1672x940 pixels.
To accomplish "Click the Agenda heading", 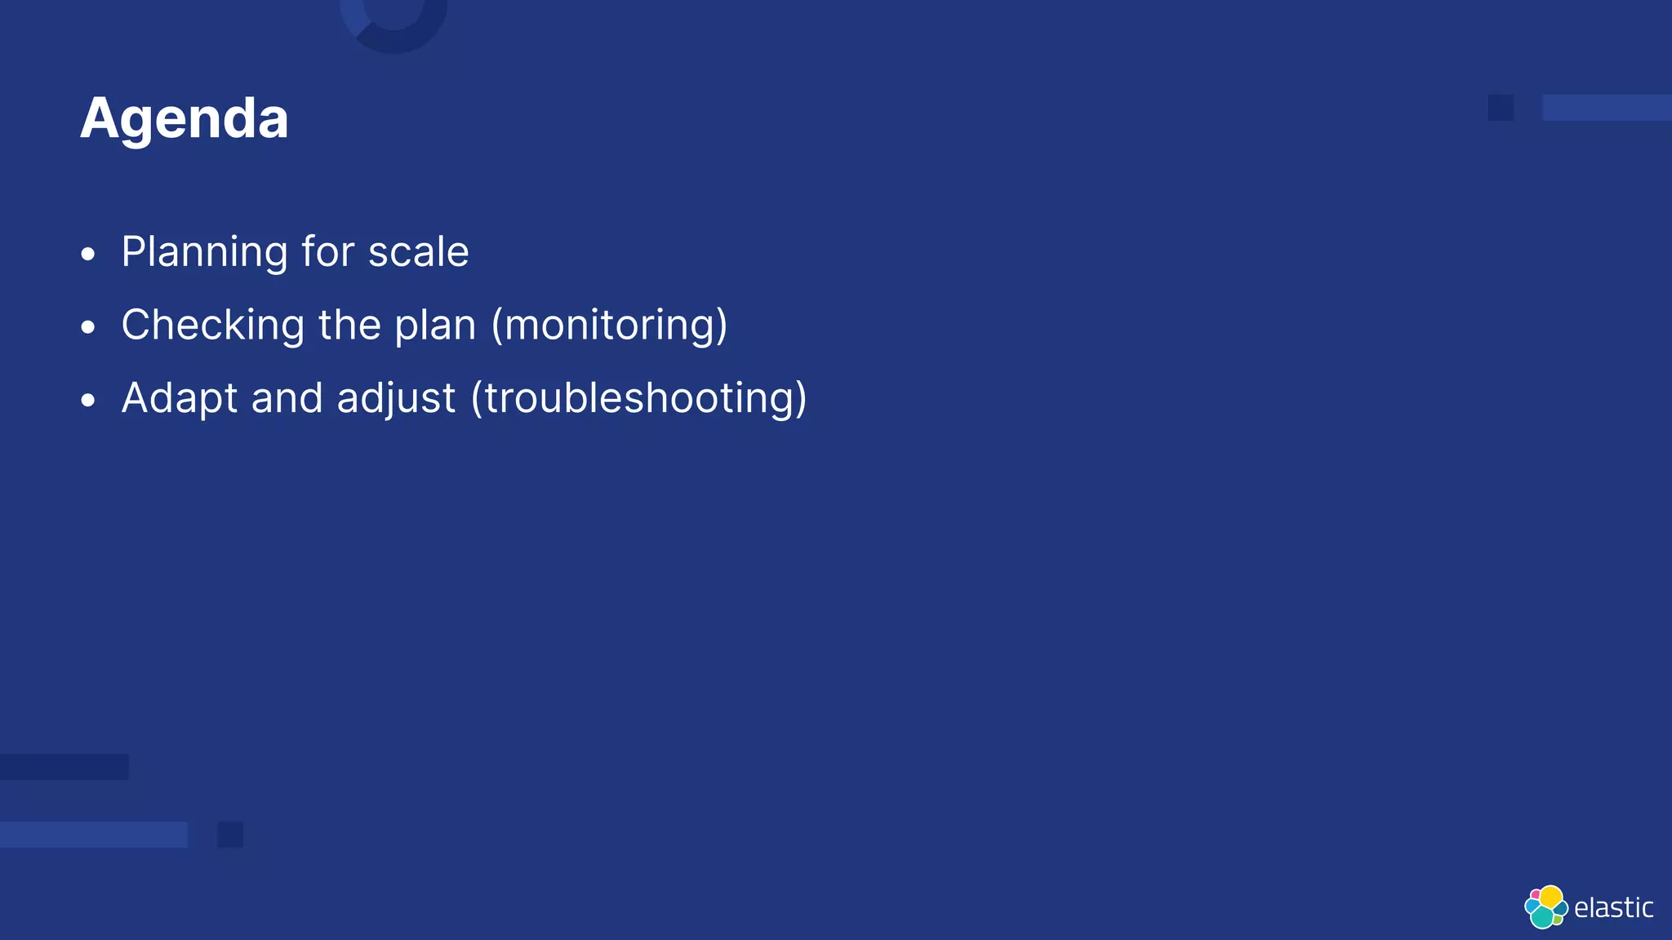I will click(x=185, y=119).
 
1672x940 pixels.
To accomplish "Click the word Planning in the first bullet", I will click(x=204, y=252).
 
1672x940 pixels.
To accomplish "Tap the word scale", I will click(x=418, y=252).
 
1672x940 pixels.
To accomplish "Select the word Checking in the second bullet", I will click(x=212, y=326).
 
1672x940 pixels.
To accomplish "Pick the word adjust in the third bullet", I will click(x=396, y=399).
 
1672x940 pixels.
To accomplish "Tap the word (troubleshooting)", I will click(x=639, y=399).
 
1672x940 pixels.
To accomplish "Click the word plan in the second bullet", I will click(x=435, y=326).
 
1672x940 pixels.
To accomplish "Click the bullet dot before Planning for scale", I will click(x=88, y=255).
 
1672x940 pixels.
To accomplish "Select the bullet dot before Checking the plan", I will click(x=88, y=328).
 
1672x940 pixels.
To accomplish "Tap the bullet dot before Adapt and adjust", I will click(x=88, y=401).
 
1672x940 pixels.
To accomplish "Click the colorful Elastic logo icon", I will click(x=1545, y=907).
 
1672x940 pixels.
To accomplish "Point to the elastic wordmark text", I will click(x=1613, y=908).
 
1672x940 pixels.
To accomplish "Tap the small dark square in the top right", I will click(x=1501, y=108).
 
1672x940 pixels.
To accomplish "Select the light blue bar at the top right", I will click(x=1607, y=108).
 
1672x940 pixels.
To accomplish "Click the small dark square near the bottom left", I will click(x=230, y=835).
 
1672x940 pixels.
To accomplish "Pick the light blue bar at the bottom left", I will click(x=93, y=835).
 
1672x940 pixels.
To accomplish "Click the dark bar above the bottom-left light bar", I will click(x=64, y=767).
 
